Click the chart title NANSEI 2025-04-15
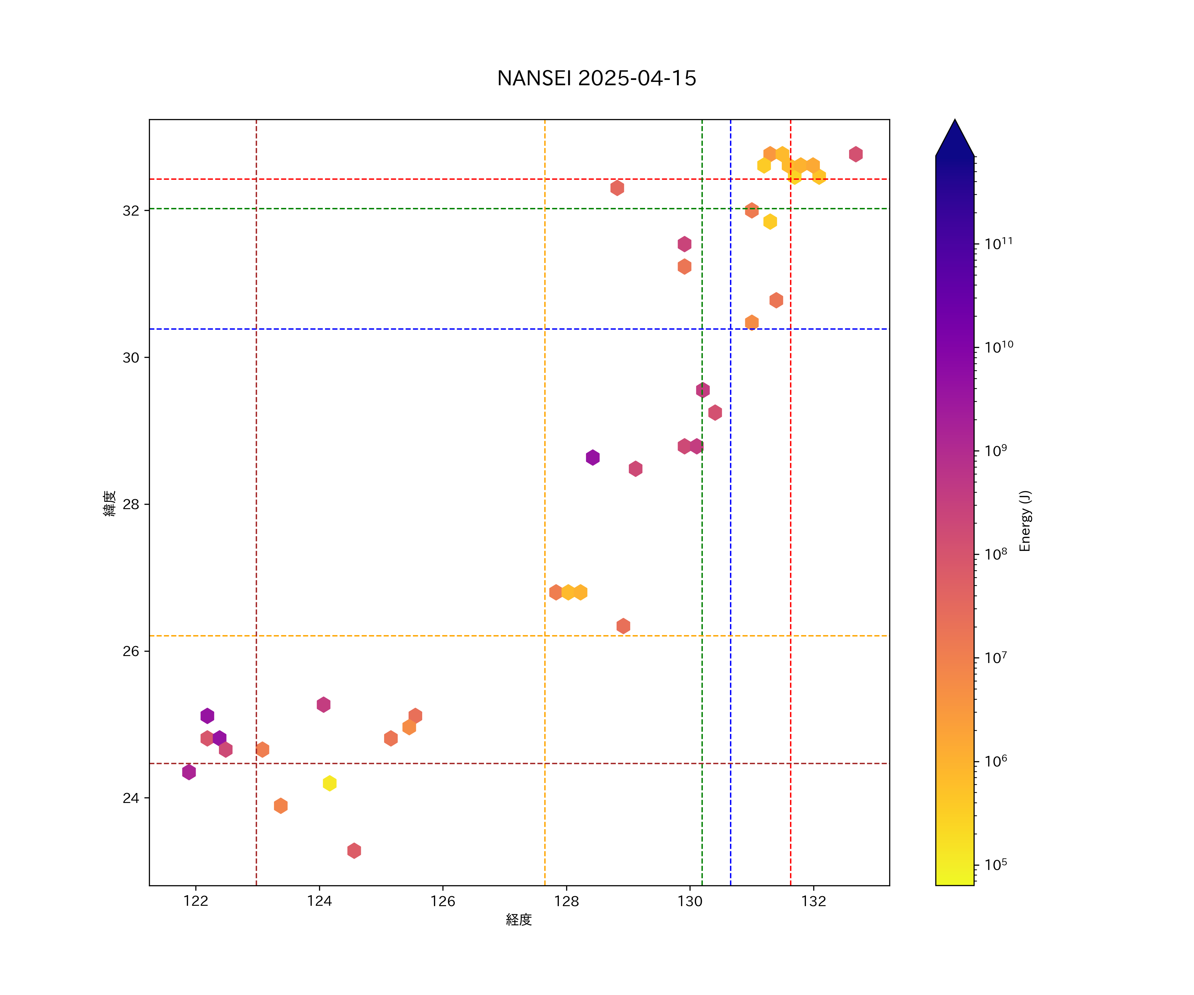click(x=596, y=79)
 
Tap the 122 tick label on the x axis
click(x=196, y=901)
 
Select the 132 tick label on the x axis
click(x=814, y=901)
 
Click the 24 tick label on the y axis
click(x=131, y=798)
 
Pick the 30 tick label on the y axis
click(x=131, y=358)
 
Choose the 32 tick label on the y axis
click(x=131, y=211)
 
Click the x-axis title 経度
click(x=518, y=920)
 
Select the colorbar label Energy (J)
click(x=1025, y=521)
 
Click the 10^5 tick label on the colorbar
click(x=996, y=865)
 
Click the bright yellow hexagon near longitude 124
click(x=329, y=783)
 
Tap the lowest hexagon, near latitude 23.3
click(x=354, y=851)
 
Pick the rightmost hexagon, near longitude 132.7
click(x=856, y=154)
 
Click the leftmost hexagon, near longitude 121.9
click(x=189, y=772)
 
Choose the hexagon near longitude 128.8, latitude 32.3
click(x=617, y=188)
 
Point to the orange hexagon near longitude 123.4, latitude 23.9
click(x=280, y=806)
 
